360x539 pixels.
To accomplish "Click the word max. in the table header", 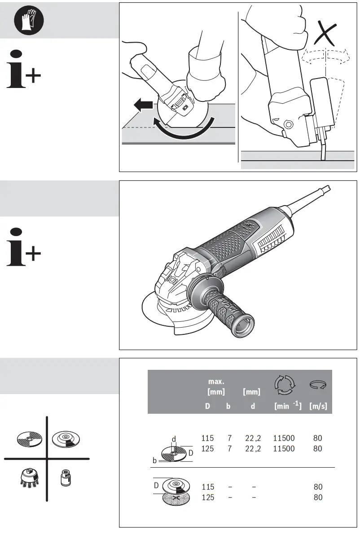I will [x=216, y=381].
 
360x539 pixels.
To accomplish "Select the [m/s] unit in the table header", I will [x=318, y=407].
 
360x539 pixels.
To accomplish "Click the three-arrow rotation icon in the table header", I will [x=285, y=385].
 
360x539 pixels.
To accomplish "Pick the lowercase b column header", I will [x=228, y=407].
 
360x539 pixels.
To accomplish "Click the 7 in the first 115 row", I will [x=229, y=438].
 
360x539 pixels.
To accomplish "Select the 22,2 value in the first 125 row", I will [x=252, y=449].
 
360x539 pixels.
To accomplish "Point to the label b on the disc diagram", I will [x=154, y=460].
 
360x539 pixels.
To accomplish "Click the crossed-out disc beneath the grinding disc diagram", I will [x=176, y=499].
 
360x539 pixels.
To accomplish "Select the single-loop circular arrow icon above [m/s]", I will [x=318, y=385].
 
